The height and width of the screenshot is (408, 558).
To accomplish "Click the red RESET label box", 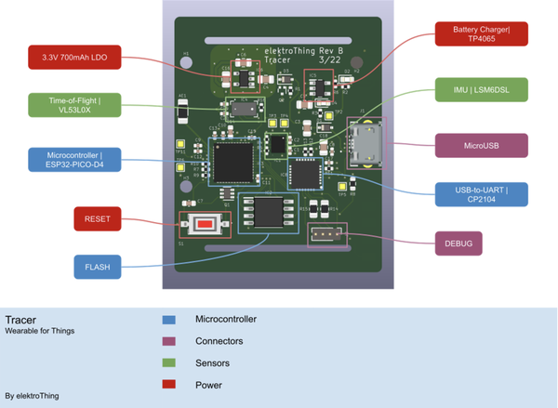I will point(98,219).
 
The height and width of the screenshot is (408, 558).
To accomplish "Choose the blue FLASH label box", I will point(98,267).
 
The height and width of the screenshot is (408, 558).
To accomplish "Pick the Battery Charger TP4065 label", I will point(482,33).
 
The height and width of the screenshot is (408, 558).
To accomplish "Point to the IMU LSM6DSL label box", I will point(482,89).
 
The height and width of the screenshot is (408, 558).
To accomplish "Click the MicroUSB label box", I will point(482,145).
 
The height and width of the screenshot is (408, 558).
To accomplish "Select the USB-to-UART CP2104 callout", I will point(482,193).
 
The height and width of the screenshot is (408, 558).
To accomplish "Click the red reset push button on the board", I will point(203,225).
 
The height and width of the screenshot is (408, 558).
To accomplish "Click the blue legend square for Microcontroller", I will point(168,320).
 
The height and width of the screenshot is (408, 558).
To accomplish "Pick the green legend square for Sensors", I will point(168,363).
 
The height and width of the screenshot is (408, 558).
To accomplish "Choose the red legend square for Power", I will point(168,385).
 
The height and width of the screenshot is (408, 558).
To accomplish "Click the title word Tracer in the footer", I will point(20,319).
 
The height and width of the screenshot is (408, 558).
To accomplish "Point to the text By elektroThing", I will point(32,395).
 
